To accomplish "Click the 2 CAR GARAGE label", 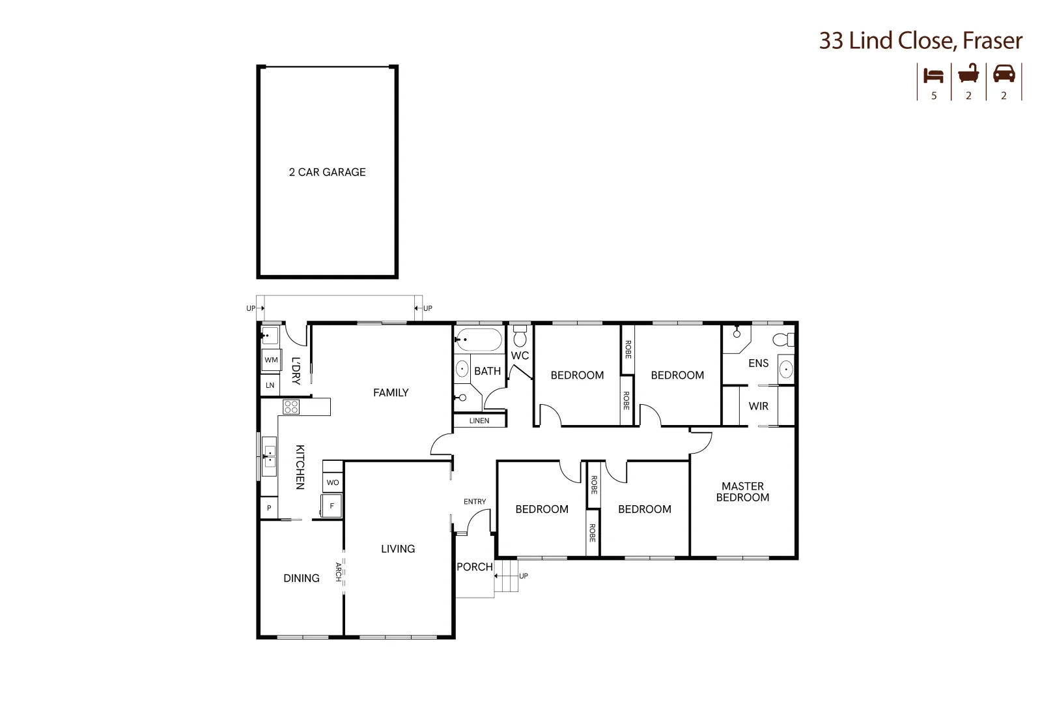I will pos(327,172).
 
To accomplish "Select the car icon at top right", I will pos(1004,74).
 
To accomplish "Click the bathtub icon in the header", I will pos(968,74).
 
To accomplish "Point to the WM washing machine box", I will pos(271,360).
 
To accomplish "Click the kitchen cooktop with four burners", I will pos(291,407).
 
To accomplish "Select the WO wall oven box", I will pos(333,482).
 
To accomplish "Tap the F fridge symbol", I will pos(331,506).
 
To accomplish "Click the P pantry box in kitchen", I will pos(269,508).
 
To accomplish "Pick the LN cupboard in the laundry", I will pos(270,385).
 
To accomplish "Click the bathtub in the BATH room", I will pos(479,340).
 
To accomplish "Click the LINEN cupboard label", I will pos(479,420).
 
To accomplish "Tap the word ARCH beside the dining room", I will pos(338,572).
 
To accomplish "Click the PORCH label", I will pos(475,567).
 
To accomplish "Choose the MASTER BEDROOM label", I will pos(742,491).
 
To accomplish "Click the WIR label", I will pos(759,406).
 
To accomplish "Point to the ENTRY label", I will pos(475,501).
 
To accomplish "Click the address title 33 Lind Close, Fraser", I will pos(920,40).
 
